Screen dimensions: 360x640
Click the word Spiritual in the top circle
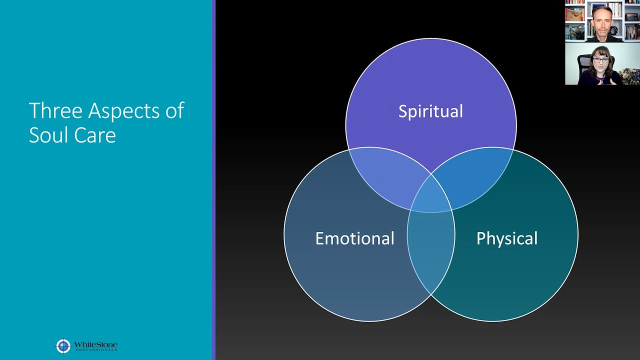[x=430, y=111]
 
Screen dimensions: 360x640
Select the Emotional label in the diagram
[x=354, y=238]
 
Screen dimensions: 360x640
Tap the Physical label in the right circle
[x=506, y=238]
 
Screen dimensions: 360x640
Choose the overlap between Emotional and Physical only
[x=431, y=250]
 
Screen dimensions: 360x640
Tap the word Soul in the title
[x=47, y=135]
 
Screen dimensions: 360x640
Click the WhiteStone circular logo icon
[x=63, y=346]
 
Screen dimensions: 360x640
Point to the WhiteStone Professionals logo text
[x=95, y=346]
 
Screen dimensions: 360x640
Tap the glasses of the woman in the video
[x=600, y=60]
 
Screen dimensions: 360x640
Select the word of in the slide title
[x=175, y=111]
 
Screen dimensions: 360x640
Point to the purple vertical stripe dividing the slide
[x=214, y=180]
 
